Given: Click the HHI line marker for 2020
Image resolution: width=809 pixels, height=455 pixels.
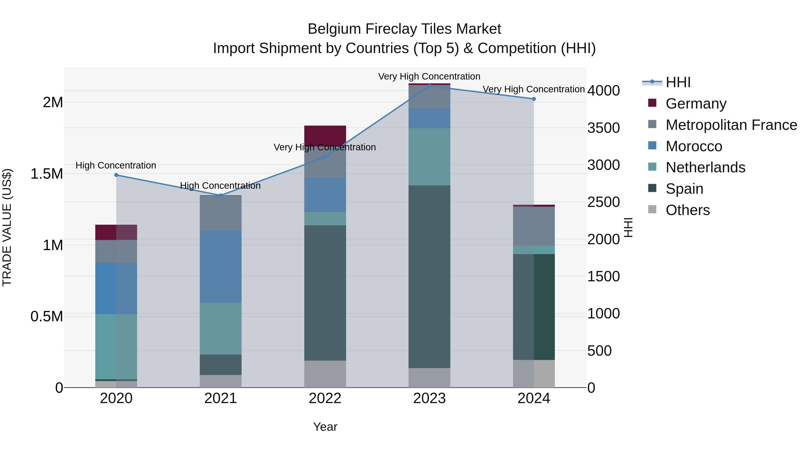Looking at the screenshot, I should pyautogui.click(x=116, y=175).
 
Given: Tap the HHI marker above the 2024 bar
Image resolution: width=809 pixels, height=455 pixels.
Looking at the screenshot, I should pyautogui.click(x=534, y=99).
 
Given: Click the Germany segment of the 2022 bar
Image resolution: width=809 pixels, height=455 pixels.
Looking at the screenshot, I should pyautogui.click(x=325, y=135).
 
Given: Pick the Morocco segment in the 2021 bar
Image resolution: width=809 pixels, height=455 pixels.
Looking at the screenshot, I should pyautogui.click(x=221, y=266).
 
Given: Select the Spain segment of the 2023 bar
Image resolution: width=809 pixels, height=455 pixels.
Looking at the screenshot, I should pyautogui.click(x=429, y=276).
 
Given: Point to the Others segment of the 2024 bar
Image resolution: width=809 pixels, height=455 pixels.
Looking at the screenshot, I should pyautogui.click(x=534, y=374).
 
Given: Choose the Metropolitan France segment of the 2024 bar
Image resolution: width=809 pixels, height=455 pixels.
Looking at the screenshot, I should pyautogui.click(x=534, y=226).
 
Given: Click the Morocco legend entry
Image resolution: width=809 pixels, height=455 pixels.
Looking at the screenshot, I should pyautogui.click(x=694, y=146).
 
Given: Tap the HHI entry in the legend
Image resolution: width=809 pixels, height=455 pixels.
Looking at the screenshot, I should pyautogui.click(x=678, y=82).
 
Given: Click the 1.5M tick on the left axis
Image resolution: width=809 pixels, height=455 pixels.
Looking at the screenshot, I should pyautogui.click(x=47, y=174).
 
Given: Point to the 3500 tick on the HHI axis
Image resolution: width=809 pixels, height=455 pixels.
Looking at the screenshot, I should pyautogui.click(x=603, y=128).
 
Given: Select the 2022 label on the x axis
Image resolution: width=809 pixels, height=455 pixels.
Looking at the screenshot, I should pyautogui.click(x=325, y=398).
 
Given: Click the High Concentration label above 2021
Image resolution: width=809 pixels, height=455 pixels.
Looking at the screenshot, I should pyautogui.click(x=220, y=186).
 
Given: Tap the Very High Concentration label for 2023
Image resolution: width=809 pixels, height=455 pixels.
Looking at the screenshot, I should pyautogui.click(x=429, y=76).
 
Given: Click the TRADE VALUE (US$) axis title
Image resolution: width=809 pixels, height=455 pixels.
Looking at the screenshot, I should pyautogui.click(x=7, y=227).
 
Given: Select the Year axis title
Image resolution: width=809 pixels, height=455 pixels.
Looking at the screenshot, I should pyautogui.click(x=325, y=427).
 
